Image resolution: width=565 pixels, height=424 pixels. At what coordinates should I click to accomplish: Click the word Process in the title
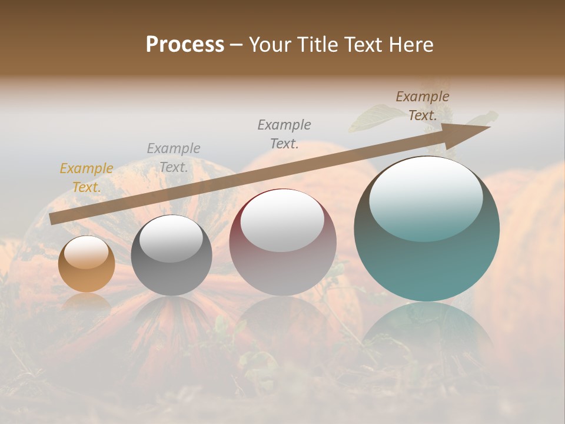click(185, 45)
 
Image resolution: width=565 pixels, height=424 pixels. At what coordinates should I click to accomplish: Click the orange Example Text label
click(87, 178)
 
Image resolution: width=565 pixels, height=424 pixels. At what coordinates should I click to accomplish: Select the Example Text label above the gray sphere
click(174, 158)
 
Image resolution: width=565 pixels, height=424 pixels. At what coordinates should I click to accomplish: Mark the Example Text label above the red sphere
click(284, 134)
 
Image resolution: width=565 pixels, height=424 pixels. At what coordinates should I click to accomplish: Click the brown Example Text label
click(423, 106)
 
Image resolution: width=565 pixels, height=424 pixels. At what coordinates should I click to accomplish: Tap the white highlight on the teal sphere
click(426, 197)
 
